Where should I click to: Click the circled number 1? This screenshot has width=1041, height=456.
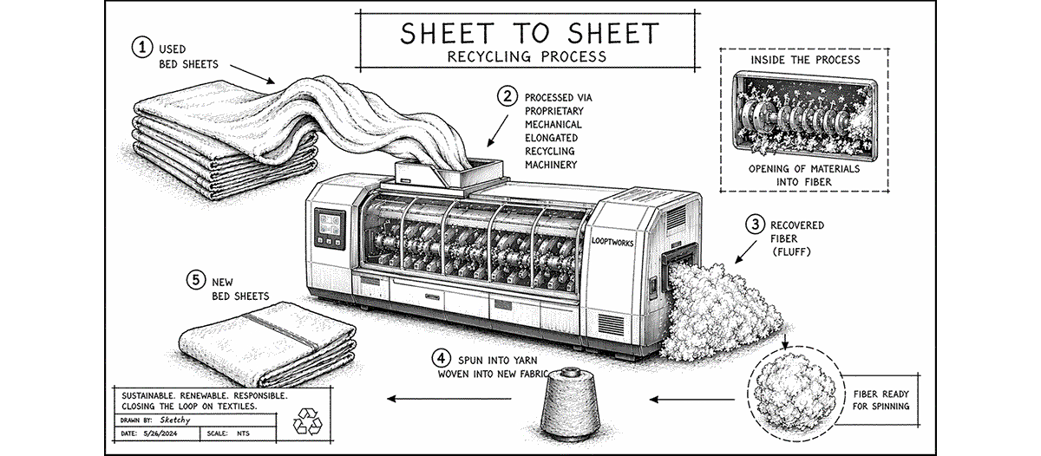139,49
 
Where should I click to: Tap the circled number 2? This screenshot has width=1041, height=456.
505,96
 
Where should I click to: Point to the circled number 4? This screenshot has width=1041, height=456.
442,357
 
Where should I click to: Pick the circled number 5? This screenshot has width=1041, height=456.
197,281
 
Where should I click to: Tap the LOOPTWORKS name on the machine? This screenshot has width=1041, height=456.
612,244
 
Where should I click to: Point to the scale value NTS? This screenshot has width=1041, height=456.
254,432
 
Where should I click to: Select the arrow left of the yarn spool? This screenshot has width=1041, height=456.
425,400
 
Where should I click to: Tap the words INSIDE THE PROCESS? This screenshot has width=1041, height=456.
806,60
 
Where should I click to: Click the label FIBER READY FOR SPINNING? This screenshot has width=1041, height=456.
882,399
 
